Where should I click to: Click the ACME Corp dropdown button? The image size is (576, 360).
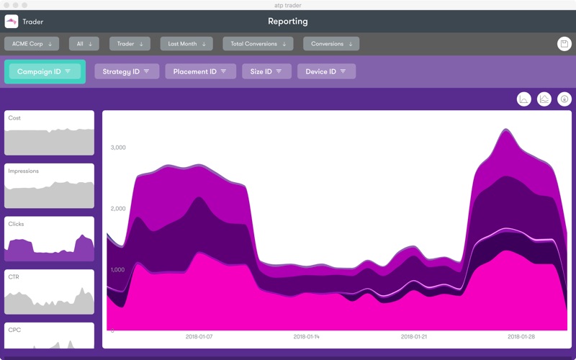coord(32,44)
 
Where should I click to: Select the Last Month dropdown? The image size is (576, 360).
coord(186,44)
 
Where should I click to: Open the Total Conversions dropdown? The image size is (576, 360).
coord(258,44)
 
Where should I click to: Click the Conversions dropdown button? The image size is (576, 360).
coord(331,44)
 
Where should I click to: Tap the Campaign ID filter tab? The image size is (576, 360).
coord(45,71)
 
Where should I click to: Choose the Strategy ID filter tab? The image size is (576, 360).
coord(127,71)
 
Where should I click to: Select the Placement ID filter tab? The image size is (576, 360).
coord(201,71)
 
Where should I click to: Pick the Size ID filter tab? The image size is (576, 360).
coord(266,71)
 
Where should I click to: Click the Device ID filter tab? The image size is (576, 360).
coord(326,71)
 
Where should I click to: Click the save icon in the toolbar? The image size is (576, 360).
coord(564,44)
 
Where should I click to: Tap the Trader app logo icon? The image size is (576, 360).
coord(12,22)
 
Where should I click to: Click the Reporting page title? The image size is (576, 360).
coord(287,22)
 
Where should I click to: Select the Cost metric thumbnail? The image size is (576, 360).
coord(49,132)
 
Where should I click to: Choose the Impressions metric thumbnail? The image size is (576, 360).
coord(49,186)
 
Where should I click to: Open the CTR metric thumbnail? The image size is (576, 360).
coord(49,292)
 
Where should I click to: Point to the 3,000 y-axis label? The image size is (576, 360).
coord(118,148)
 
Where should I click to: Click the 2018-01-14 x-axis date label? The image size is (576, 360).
coord(307,336)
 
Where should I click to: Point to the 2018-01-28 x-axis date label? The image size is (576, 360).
coord(521,336)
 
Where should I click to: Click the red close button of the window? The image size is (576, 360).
coord(6,5)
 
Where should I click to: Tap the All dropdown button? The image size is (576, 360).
coord(84,44)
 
